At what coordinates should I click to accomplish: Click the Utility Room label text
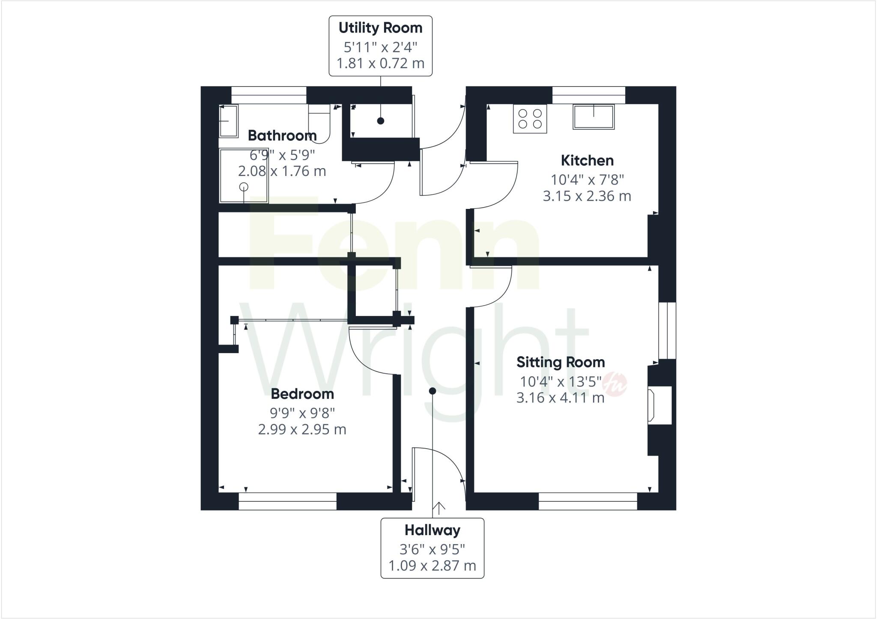[x=380, y=28]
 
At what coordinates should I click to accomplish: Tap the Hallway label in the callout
[x=432, y=530]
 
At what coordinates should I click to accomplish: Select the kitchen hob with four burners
[x=530, y=119]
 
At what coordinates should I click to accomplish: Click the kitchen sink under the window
[x=594, y=117]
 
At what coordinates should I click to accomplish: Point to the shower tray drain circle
[x=244, y=187]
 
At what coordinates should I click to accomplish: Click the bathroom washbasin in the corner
[x=228, y=121]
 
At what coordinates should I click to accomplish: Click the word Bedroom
[x=302, y=393]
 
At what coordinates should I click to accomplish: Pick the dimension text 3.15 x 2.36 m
[x=587, y=196]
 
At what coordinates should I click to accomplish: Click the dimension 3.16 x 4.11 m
[x=560, y=398]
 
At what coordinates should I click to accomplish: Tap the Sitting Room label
[x=560, y=362]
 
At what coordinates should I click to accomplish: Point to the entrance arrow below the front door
[x=439, y=508]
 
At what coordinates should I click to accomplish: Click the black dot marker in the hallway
[x=433, y=391]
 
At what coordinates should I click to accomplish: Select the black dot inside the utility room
[x=380, y=121]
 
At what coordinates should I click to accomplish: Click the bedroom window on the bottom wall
[x=287, y=501]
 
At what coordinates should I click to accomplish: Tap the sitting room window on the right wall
[x=667, y=330]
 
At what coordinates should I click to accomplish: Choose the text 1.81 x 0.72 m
[x=380, y=63]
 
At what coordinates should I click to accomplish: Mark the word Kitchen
[x=587, y=161]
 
